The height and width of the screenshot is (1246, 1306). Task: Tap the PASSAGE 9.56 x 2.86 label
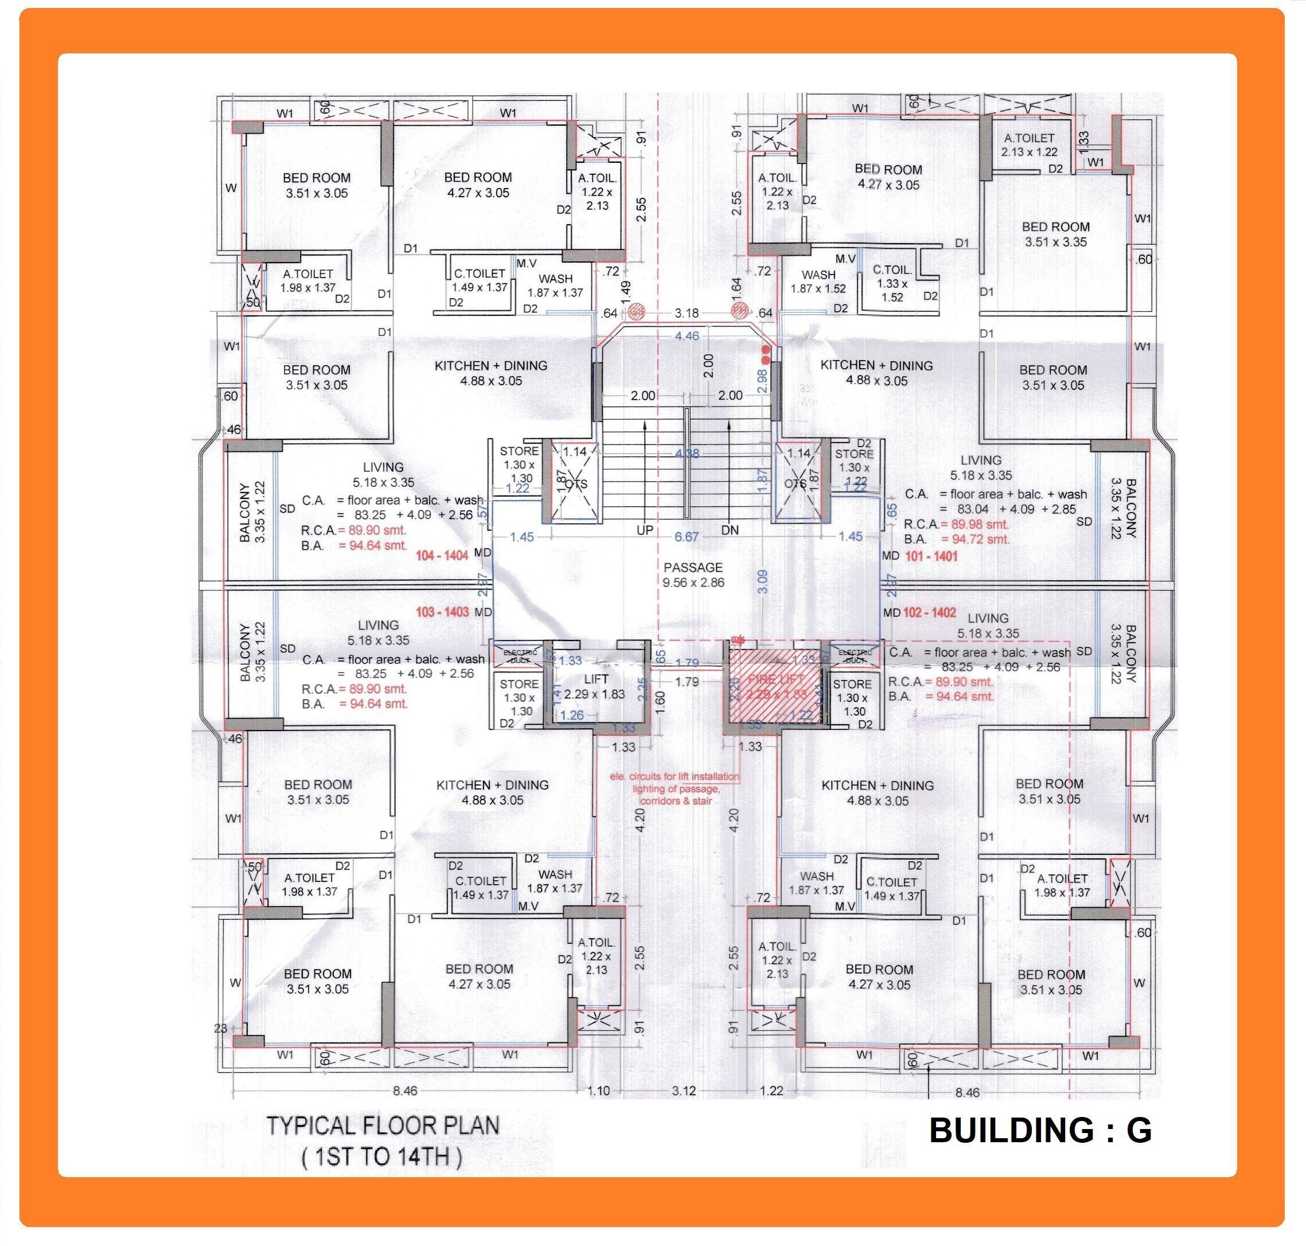coord(693,575)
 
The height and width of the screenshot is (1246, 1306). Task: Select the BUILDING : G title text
coord(1040,1130)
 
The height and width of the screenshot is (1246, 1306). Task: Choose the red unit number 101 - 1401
coord(931,556)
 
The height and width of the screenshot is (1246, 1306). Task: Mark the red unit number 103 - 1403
coord(442,612)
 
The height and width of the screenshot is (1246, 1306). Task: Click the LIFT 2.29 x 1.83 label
coord(596,686)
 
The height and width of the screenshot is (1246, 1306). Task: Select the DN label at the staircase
coord(730,530)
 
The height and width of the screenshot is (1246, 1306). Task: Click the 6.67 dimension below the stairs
coord(687,536)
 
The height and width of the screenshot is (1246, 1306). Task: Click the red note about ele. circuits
coord(675,788)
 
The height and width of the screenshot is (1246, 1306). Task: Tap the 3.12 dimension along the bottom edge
coord(684,1090)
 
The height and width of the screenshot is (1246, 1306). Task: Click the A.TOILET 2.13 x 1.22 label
coord(1029,145)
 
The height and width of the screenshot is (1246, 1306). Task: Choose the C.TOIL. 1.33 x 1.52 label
coord(892,284)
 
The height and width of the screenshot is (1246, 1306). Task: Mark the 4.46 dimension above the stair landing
coord(687,336)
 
